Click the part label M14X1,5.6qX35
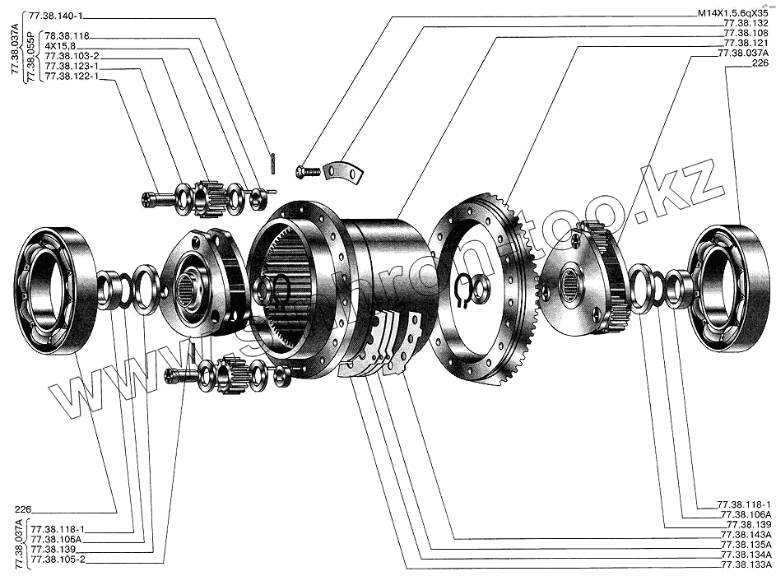pos(733,14)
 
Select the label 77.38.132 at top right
pos(746,23)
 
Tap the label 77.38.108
pos(746,33)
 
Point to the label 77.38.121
pos(746,43)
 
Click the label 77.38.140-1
pos(56,16)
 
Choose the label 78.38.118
pos(67,35)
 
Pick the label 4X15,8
pos(60,45)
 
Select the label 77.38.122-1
pos(72,77)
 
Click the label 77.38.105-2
pos(58,560)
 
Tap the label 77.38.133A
pos(746,564)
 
